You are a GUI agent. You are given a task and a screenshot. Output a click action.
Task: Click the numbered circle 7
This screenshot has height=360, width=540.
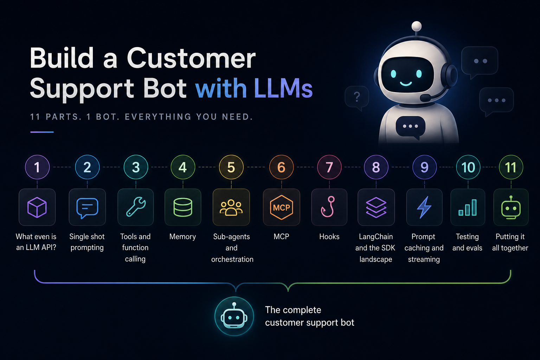click(329, 167)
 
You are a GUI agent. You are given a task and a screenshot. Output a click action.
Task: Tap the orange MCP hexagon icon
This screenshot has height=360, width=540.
click(281, 207)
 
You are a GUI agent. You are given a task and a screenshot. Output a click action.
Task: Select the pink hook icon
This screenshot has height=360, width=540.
click(328, 207)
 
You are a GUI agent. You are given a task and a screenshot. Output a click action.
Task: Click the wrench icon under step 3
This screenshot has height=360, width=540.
click(136, 207)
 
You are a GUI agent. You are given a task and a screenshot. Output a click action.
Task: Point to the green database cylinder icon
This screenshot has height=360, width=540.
click(183, 207)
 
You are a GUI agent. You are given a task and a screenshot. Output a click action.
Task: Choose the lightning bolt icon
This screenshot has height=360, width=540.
click(424, 207)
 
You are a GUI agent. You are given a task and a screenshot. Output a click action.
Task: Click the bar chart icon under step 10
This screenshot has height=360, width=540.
click(468, 207)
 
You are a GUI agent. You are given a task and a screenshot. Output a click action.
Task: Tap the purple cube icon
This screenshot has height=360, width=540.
click(37, 207)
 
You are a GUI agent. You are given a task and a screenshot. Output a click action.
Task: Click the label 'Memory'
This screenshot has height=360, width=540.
click(182, 237)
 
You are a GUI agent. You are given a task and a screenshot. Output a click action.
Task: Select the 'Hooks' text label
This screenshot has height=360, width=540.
click(329, 237)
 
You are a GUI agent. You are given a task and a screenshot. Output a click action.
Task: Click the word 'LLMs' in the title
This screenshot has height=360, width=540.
click(283, 88)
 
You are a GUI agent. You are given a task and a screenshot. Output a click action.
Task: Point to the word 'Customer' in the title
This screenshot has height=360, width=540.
click(191, 58)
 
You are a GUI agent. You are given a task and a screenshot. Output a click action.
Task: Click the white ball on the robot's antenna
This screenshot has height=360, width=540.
click(417, 26)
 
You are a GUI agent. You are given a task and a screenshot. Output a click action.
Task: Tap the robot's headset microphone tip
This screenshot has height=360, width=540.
click(425, 98)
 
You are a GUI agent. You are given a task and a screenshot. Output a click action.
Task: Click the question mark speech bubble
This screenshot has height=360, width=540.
click(357, 98)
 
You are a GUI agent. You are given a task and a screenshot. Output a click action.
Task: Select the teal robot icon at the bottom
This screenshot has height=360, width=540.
click(234, 316)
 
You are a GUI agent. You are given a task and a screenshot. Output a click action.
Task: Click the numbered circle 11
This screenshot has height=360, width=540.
click(511, 167)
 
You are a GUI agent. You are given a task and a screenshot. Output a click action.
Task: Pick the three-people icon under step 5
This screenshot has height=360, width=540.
click(231, 207)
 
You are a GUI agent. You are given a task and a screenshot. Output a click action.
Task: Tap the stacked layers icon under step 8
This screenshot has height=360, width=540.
click(376, 207)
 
